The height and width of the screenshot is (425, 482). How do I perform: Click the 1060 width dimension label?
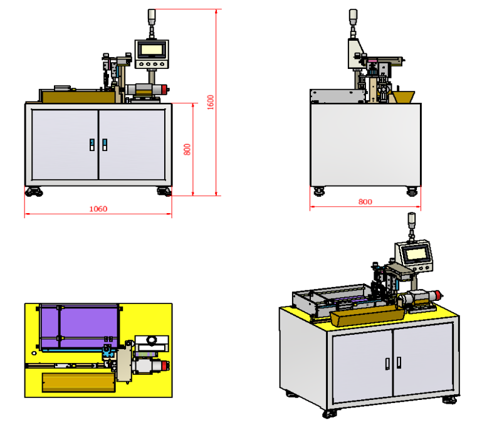[x=98, y=209]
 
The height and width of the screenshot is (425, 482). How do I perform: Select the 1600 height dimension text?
[x=211, y=102]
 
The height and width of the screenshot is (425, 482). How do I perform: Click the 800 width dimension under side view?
[x=365, y=202]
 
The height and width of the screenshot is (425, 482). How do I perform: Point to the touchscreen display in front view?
[x=152, y=49]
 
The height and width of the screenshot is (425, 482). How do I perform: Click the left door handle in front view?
[x=92, y=145]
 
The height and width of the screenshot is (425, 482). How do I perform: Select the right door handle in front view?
[x=105, y=145]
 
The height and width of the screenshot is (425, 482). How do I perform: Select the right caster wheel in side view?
[x=412, y=191]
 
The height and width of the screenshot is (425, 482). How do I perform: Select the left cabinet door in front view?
[x=65, y=144]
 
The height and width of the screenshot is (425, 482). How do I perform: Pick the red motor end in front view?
[x=165, y=90]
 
